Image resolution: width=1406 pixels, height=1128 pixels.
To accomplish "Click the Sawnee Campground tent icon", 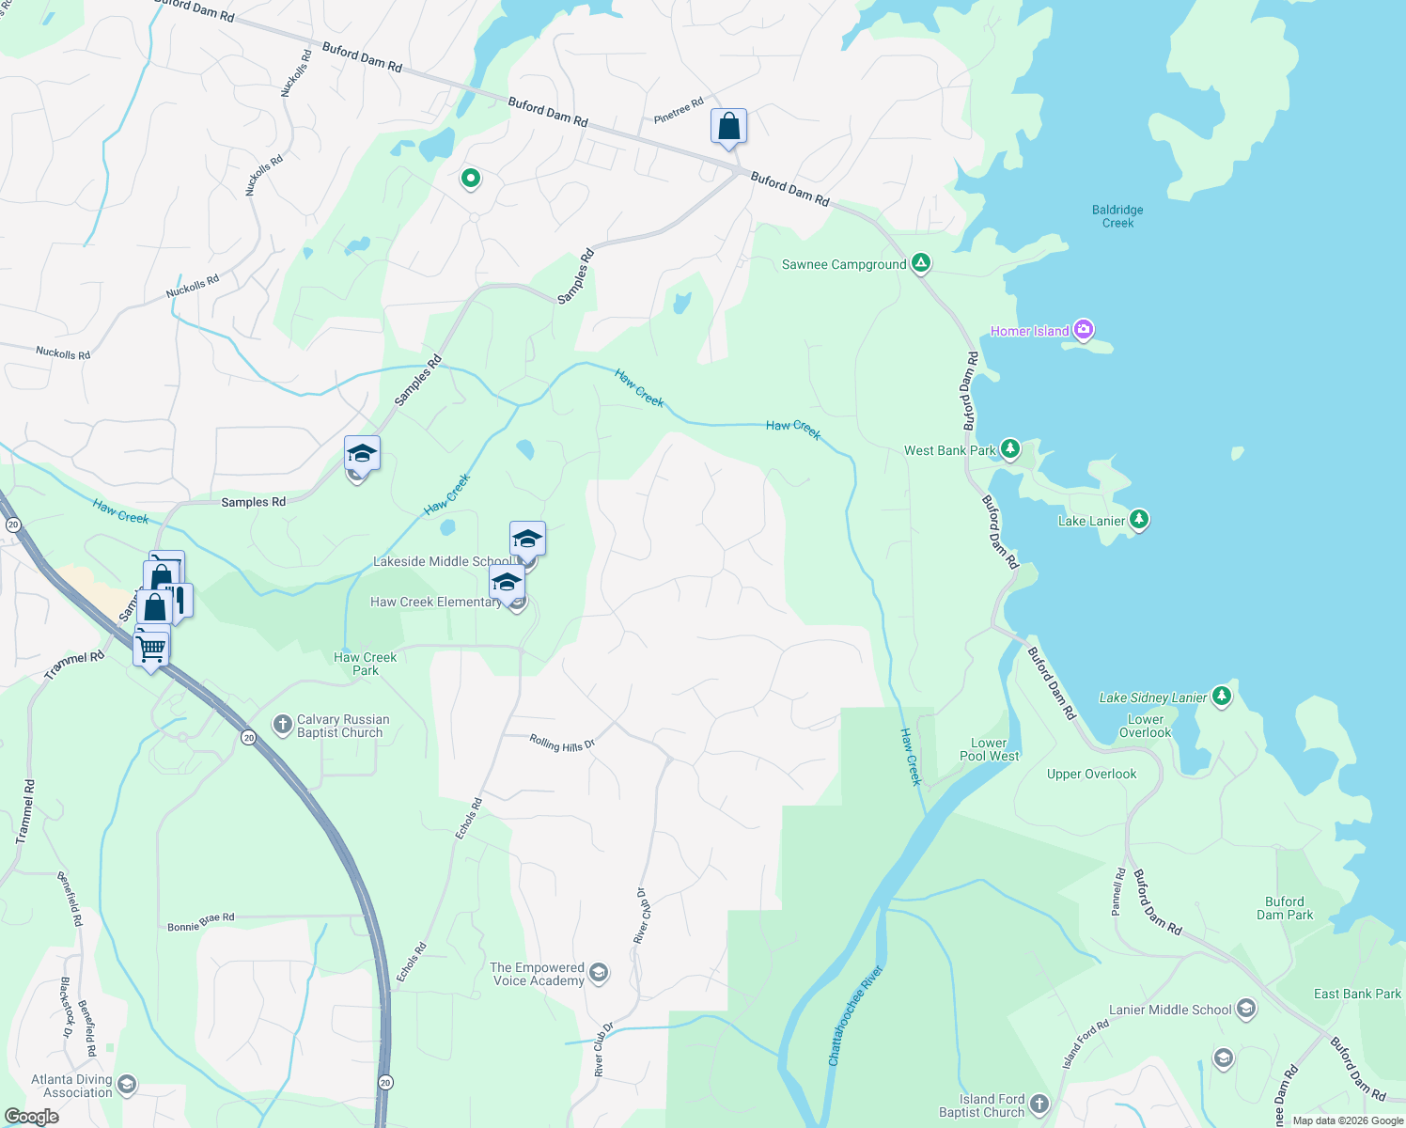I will point(921,263).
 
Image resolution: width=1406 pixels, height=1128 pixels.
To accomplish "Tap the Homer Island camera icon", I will point(1083,330).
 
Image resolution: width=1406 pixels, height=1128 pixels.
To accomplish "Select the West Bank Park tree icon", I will point(1009,449).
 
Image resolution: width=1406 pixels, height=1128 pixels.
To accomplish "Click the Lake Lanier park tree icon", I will point(1138,519).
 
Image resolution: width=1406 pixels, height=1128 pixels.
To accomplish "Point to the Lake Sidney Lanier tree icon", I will point(1221,696).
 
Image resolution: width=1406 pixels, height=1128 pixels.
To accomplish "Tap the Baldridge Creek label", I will point(1117,216).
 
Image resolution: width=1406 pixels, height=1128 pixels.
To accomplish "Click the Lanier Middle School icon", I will point(1245,1010).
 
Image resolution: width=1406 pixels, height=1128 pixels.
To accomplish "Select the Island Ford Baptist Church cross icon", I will point(1039,1104).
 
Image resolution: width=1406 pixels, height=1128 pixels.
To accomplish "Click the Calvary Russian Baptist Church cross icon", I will point(281,724).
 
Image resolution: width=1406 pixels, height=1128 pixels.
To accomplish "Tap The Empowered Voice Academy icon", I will point(599,973).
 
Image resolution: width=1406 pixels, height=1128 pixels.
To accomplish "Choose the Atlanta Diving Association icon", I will point(126,1086).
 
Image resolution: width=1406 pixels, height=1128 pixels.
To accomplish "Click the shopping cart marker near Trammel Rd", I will point(150,647).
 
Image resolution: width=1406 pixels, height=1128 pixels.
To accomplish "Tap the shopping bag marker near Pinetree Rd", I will point(728,126).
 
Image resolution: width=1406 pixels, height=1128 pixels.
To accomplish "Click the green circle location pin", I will point(470,178).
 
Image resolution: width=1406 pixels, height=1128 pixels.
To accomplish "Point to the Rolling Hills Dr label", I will point(562,744).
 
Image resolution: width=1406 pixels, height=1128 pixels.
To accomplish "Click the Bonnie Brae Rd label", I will point(201,921).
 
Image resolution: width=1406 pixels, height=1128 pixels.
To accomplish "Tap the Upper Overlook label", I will point(1091,775).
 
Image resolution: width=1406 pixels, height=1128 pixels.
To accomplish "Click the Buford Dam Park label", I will point(1285,908).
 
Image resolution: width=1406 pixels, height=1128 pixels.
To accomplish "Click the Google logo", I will point(31,1117).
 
